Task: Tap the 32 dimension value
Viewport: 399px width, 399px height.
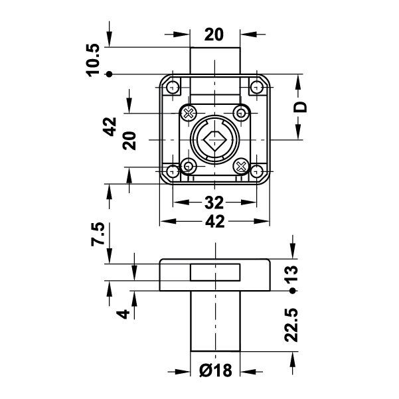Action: tap(214, 202)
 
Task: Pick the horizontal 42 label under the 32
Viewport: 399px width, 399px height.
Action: tap(214, 223)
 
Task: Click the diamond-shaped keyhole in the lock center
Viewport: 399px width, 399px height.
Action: tap(214, 140)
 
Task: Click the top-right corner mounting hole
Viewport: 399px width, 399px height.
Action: tap(256, 87)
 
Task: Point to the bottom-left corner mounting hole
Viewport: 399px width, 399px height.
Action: tap(173, 171)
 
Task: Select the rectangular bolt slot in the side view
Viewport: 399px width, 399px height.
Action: tap(214, 272)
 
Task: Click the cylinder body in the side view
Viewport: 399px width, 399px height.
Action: tap(214, 321)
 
